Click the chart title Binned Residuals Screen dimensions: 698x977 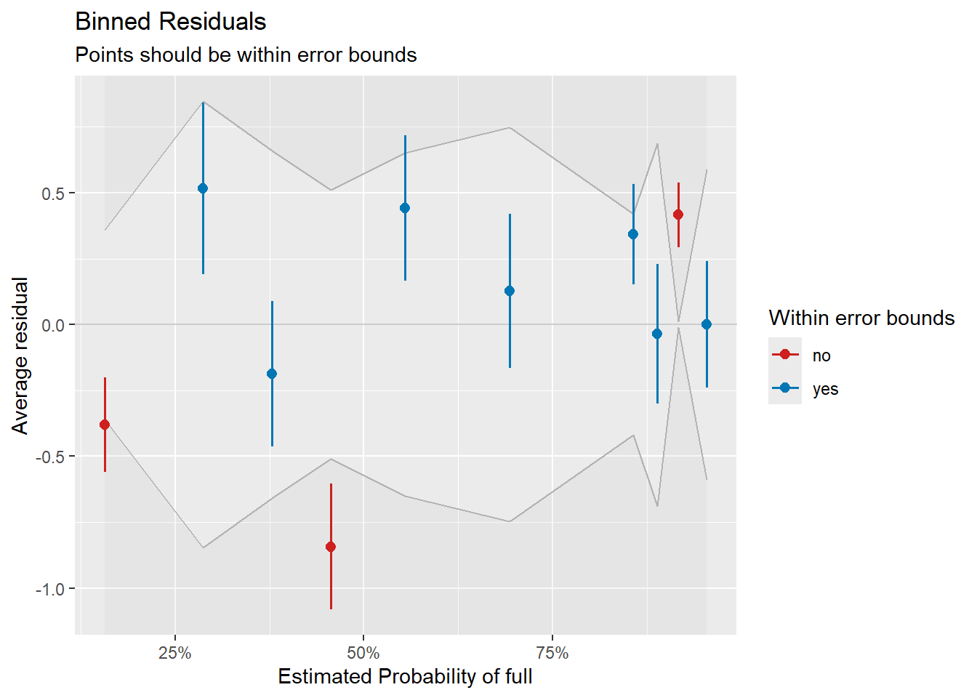(170, 22)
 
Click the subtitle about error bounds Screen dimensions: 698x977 (246, 55)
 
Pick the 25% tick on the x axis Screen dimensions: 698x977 (175, 653)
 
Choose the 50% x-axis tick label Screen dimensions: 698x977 (363, 653)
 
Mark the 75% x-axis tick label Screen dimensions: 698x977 (552, 653)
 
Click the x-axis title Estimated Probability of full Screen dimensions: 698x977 (405, 677)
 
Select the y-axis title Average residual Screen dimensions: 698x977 (20, 356)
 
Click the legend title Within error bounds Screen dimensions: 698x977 (861, 318)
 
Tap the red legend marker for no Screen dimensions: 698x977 (785, 354)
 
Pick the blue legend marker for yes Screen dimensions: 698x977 (785, 388)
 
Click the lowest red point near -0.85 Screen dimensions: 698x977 (331, 547)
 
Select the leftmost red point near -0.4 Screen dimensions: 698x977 (105, 425)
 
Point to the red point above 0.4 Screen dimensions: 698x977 (678, 214)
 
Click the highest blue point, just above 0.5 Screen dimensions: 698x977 (203, 188)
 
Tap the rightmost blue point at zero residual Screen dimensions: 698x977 (707, 324)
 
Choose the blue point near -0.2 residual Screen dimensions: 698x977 (272, 374)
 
